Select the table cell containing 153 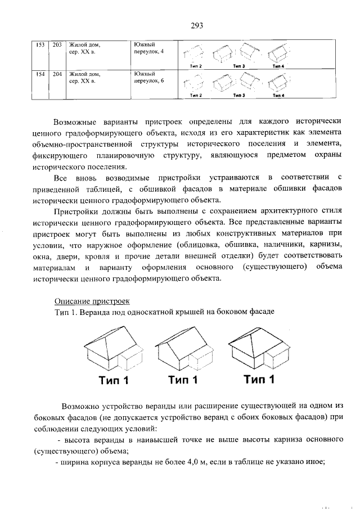click(x=40, y=44)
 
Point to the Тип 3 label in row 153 click(x=238, y=66)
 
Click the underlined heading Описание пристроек click(x=92, y=301)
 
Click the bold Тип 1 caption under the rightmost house click(x=259, y=380)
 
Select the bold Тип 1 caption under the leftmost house click(x=114, y=381)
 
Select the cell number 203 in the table click(x=57, y=44)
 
